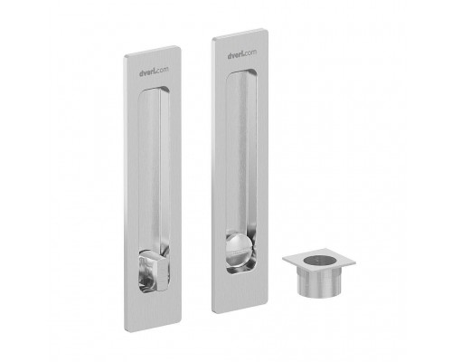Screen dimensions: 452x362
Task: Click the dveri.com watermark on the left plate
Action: (x=154, y=71)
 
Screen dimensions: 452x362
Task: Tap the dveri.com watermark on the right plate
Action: (x=242, y=54)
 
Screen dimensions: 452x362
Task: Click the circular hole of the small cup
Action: (x=320, y=260)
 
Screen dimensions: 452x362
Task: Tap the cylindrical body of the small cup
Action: (x=319, y=281)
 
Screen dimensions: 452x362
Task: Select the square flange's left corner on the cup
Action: (x=284, y=259)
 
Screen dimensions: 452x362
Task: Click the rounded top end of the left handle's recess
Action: (x=154, y=90)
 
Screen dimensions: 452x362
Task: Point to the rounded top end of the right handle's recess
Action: (x=241, y=73)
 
